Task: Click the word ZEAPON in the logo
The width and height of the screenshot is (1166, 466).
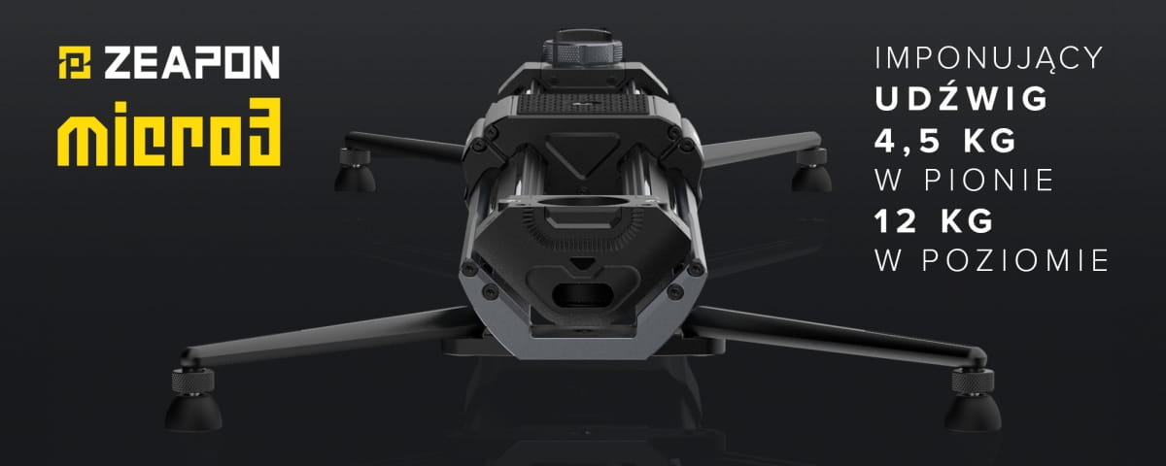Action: tap(191, 63)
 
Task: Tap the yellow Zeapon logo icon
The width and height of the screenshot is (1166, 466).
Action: tap(76, 63)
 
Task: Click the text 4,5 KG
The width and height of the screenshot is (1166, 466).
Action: tap(944, 141)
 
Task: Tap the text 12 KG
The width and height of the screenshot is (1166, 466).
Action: tap(933, 222)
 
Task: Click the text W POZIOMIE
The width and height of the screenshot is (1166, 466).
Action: tap(990, 262)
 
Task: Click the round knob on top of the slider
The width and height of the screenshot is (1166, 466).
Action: tap(582, 50)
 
